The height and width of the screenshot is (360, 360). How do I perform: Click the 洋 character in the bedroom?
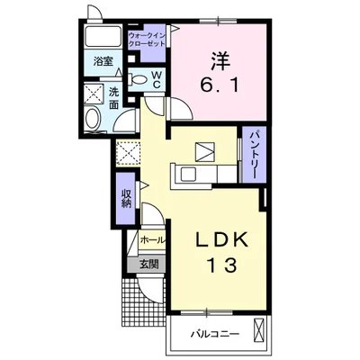(220, 61)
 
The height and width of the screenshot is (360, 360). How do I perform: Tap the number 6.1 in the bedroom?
(220, 86)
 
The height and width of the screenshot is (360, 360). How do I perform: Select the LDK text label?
(222, 239)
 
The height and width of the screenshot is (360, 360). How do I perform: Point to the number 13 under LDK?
(222, 265)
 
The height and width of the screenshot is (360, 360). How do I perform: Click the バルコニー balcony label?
(215, 334)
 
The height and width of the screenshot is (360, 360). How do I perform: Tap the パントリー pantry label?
(255, 155)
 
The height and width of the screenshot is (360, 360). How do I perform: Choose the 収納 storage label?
(127, 198)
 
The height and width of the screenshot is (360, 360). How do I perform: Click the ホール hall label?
(153, 240)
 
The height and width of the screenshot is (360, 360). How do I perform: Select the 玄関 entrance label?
(148, 265)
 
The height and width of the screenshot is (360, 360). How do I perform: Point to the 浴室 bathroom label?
(103, 61)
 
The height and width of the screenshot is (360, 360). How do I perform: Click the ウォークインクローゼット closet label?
(147, 40)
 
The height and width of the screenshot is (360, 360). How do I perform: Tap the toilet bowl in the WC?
(137, 79)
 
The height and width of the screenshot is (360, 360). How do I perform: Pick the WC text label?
(157, 79)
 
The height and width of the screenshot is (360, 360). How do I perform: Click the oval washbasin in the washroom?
(92, 119)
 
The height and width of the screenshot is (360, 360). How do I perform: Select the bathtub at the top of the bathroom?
(103, 36)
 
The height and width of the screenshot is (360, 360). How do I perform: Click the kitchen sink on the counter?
(187, 174)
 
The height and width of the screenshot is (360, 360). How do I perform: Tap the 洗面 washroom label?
(113, 98)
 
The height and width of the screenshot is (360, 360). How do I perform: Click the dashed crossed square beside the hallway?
(129, 153)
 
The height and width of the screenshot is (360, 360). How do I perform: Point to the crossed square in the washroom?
(93, 94)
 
